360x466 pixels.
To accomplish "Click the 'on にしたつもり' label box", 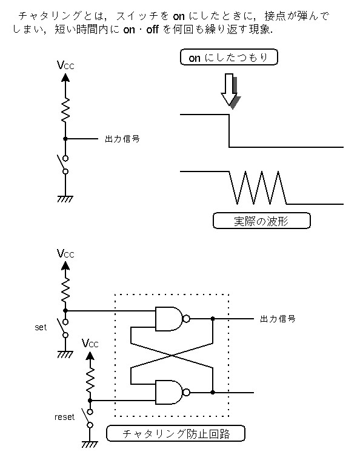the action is pyautogui.click(x=229, y=57).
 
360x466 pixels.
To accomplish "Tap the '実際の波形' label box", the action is pyautogui.click(x=262, y=221).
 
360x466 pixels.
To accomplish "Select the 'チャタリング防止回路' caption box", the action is pyautogui.click(x=176, y=434).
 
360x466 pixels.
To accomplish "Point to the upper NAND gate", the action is pyautogui.click(x=170, y=319).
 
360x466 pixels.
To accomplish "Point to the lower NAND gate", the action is pyautogui.click(x=170, y=392).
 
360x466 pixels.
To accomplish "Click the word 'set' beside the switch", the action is pyautogui.click(x=41, y=327).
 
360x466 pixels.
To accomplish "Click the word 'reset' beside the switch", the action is pyautogui.click(x=64, y=418).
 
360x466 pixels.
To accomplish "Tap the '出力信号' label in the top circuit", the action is pyautogui.click(x=122, y=139).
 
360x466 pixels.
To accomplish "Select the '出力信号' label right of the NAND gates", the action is pyautogui.click(x=278, y=319).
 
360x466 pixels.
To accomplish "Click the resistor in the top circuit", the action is pyautogui.click(x=65, y=110).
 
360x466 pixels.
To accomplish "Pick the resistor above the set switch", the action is pyautogui.click(x=65, y=290).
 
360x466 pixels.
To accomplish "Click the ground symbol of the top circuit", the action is pyautogui.click(x=65, y=199).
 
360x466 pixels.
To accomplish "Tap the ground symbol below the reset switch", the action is pyautogui.click(x=90, y=444).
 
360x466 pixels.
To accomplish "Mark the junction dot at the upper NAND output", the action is pyautogui.click(x=213, y=319).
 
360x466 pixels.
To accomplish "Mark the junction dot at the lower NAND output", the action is pyautogui.click(x=213, y=392).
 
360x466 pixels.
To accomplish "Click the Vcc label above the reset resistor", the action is pyautogui.click(x=90, y=344).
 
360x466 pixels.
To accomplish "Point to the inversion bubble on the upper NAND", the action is pyautogui.click(x=187, y=319).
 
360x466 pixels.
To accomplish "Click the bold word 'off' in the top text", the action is pyautogui.click(x=153, y=30).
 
